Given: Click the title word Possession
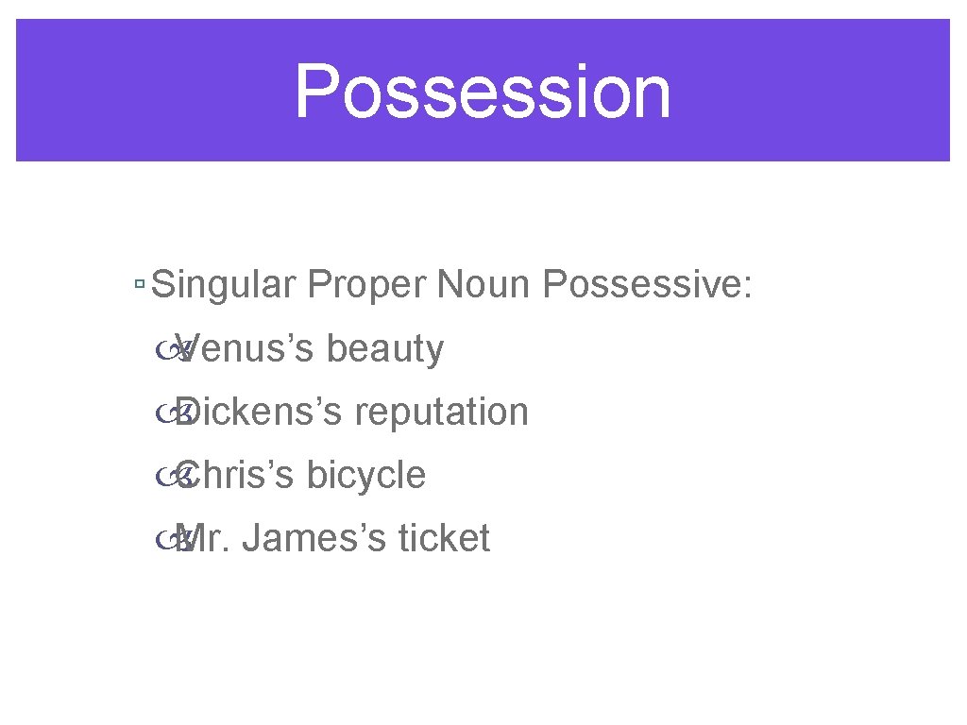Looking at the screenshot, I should click(483, 92).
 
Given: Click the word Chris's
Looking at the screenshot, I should click(236, 475).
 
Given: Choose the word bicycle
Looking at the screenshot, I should click(366, 476).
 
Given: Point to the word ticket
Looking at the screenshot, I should click(444, 538).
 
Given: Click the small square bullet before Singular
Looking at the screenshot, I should click(139, 284).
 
